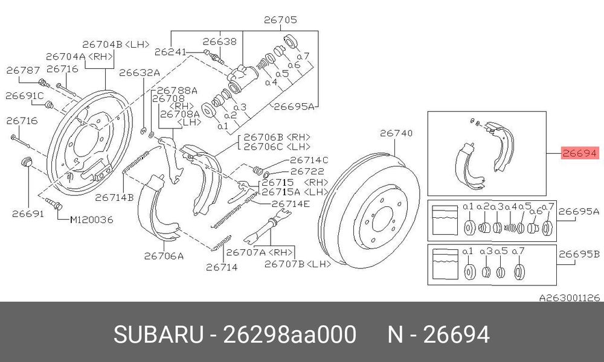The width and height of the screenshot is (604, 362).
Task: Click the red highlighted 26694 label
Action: [x=580, y=153]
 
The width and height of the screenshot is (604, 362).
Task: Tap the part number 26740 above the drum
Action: [x=396, y=133]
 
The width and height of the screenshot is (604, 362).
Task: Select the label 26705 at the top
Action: [x=280, y=20]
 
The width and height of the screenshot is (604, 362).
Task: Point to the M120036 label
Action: [x=91, y=220]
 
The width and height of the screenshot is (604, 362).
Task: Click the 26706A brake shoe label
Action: [x=164, y=256]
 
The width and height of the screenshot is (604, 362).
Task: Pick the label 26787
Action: [x=23, y=70]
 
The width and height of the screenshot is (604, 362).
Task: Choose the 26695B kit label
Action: [x=579, y=254]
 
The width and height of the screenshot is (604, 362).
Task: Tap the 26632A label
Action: [x=139, y=72]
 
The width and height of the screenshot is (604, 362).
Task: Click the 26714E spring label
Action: [x=291, y=204]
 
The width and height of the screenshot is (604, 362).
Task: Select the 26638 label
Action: [x=220, y=41]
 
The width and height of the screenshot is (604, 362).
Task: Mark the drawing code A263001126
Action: [x=569, y=298]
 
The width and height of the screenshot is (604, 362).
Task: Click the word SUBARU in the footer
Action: [x=158, y=334]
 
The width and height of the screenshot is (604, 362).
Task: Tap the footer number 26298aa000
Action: [x=290, y=334]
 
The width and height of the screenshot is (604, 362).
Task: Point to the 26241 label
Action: [x=170, y=51]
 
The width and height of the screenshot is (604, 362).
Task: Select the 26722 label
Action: [x=307, y=171]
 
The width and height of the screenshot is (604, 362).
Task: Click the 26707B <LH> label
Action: [x=298, y=264]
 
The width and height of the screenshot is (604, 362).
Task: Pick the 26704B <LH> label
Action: [x=115, y=44]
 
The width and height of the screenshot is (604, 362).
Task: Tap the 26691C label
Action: [x=24, y=95]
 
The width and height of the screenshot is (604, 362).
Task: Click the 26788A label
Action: [x=177, y=91]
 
